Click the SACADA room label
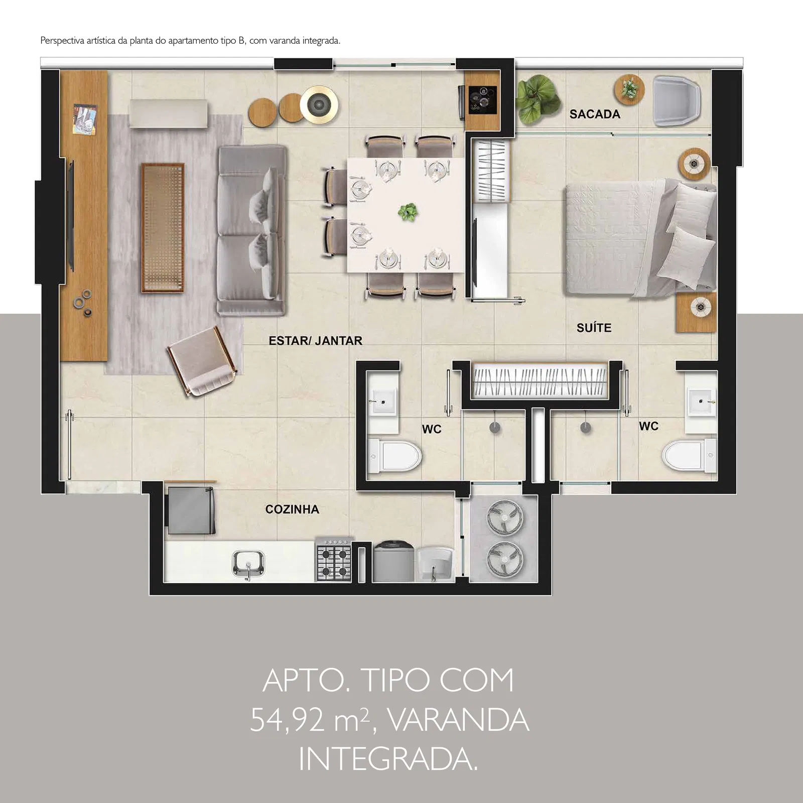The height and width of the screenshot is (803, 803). coord(595,114)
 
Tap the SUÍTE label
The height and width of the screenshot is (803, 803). coord(594,328)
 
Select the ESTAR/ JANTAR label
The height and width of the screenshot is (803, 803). coord(315,341)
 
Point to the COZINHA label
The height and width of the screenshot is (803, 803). coord(292,509)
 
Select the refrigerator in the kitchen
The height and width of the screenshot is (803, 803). coord(191,508)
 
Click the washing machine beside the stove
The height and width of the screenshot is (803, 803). coord(394,561)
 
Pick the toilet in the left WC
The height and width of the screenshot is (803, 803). coord(394,456)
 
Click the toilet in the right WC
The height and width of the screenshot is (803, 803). coord(689,455)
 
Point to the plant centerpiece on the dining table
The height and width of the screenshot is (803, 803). coord(408,212)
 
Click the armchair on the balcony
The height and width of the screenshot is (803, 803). coord(677,100)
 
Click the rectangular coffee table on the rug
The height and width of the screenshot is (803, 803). coord(163,227)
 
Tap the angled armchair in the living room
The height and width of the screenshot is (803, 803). coord(202,362)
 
